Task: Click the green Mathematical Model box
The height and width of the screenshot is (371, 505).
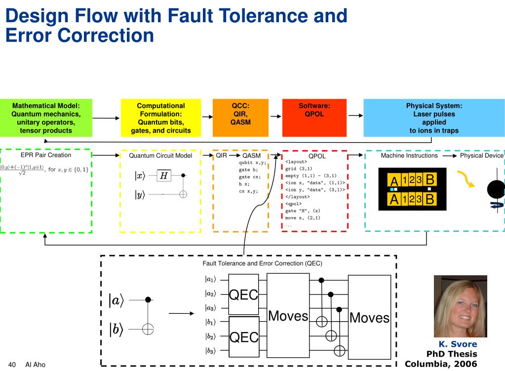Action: point(46,118)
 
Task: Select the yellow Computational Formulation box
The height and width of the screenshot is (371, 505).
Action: point(161,118)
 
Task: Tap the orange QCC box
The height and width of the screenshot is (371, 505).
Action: point(240,118)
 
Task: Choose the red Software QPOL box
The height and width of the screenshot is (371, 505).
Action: point(314,118)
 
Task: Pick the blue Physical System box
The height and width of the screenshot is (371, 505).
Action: point(434,118)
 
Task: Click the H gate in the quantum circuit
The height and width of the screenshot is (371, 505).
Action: point(163,176)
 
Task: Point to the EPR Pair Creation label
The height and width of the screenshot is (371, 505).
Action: point(46,155)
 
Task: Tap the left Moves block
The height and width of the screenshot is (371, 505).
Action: point(288,316)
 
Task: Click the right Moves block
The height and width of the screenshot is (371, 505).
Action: point(369,317)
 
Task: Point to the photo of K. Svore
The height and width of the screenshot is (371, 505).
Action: point(460,306)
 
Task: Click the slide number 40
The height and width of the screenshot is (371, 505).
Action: point(13,365)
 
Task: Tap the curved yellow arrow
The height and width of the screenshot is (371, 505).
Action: point(466,180)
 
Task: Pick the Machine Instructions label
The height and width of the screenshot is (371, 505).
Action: point(409,155)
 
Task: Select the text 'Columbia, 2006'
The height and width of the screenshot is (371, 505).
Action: point(441,364)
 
